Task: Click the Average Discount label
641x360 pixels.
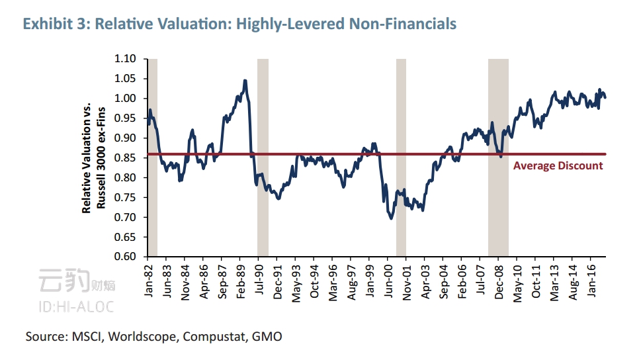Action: click(558, 166)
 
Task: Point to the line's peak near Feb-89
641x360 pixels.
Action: click(245, 81)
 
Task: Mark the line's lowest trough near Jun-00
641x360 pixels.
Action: click(392, 218)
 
